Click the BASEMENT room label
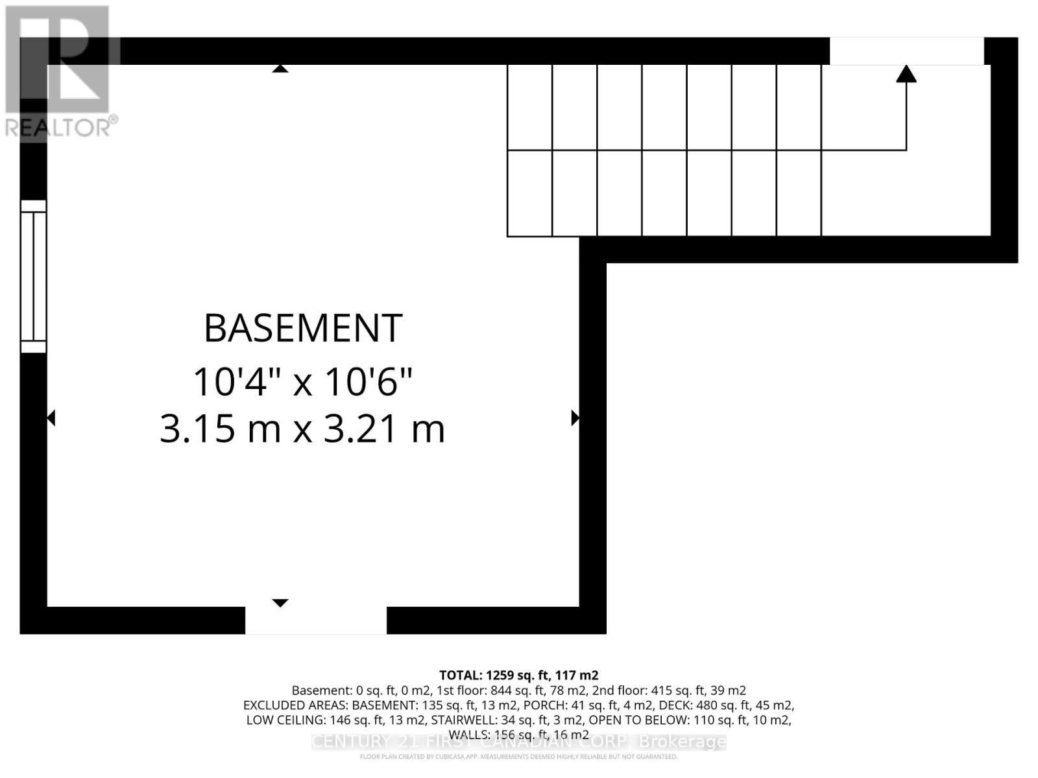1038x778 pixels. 303,328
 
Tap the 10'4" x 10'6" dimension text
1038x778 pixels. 303,381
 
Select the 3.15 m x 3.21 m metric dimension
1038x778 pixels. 303,429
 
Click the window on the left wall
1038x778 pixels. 33,277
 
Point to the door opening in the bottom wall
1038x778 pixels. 316,620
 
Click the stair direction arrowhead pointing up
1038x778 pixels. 906,74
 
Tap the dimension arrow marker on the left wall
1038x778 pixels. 51,418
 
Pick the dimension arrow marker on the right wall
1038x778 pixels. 575,418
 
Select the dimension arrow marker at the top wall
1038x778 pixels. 280,68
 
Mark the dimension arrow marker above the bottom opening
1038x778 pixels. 280,603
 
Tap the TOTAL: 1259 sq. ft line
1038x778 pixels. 518,675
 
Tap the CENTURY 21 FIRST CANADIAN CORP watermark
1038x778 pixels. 519,742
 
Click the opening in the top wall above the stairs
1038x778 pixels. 906,51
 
